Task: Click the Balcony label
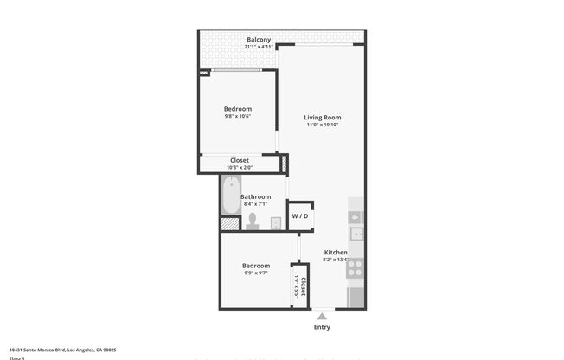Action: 259,40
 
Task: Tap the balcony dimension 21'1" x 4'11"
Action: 259,48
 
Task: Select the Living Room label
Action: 323,117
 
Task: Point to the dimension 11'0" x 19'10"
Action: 323,125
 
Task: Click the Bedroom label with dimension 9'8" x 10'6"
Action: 238,109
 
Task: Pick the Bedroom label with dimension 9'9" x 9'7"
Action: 255,266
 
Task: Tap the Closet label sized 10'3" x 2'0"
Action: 240,160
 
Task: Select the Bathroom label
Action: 256,196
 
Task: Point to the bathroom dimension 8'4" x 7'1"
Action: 256,204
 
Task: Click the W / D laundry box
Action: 300,216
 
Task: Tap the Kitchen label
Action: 336,252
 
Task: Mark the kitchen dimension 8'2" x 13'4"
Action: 336,260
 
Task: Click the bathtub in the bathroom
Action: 230,196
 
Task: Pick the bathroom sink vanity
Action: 276,223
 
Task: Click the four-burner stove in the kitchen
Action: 355,268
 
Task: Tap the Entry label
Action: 322,327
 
